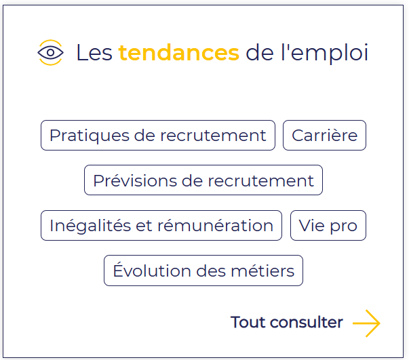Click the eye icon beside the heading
50,52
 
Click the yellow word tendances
179,53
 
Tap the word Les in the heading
94,53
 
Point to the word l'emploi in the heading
324,54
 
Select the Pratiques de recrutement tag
158,136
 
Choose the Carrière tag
324,136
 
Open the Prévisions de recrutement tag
203,180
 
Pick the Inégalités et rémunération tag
161,226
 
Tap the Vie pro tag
328,226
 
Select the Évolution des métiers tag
203,271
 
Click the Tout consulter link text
287,322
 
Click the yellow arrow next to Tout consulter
366,323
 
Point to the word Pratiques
90,136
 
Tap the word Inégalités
90,226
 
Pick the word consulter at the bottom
307,322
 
